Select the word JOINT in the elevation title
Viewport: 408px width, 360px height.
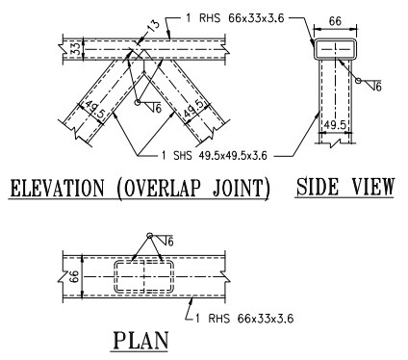[238, 188]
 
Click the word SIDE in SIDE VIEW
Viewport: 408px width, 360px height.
[318, 187]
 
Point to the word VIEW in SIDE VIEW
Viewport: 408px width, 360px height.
[370, 187]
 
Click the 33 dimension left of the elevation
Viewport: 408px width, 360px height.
[75, 46]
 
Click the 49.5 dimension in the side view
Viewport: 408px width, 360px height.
[335, 123]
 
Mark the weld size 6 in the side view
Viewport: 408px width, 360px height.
[377, 88]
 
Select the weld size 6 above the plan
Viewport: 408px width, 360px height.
[167, 242]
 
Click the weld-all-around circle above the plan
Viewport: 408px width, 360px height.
[149, 236]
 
